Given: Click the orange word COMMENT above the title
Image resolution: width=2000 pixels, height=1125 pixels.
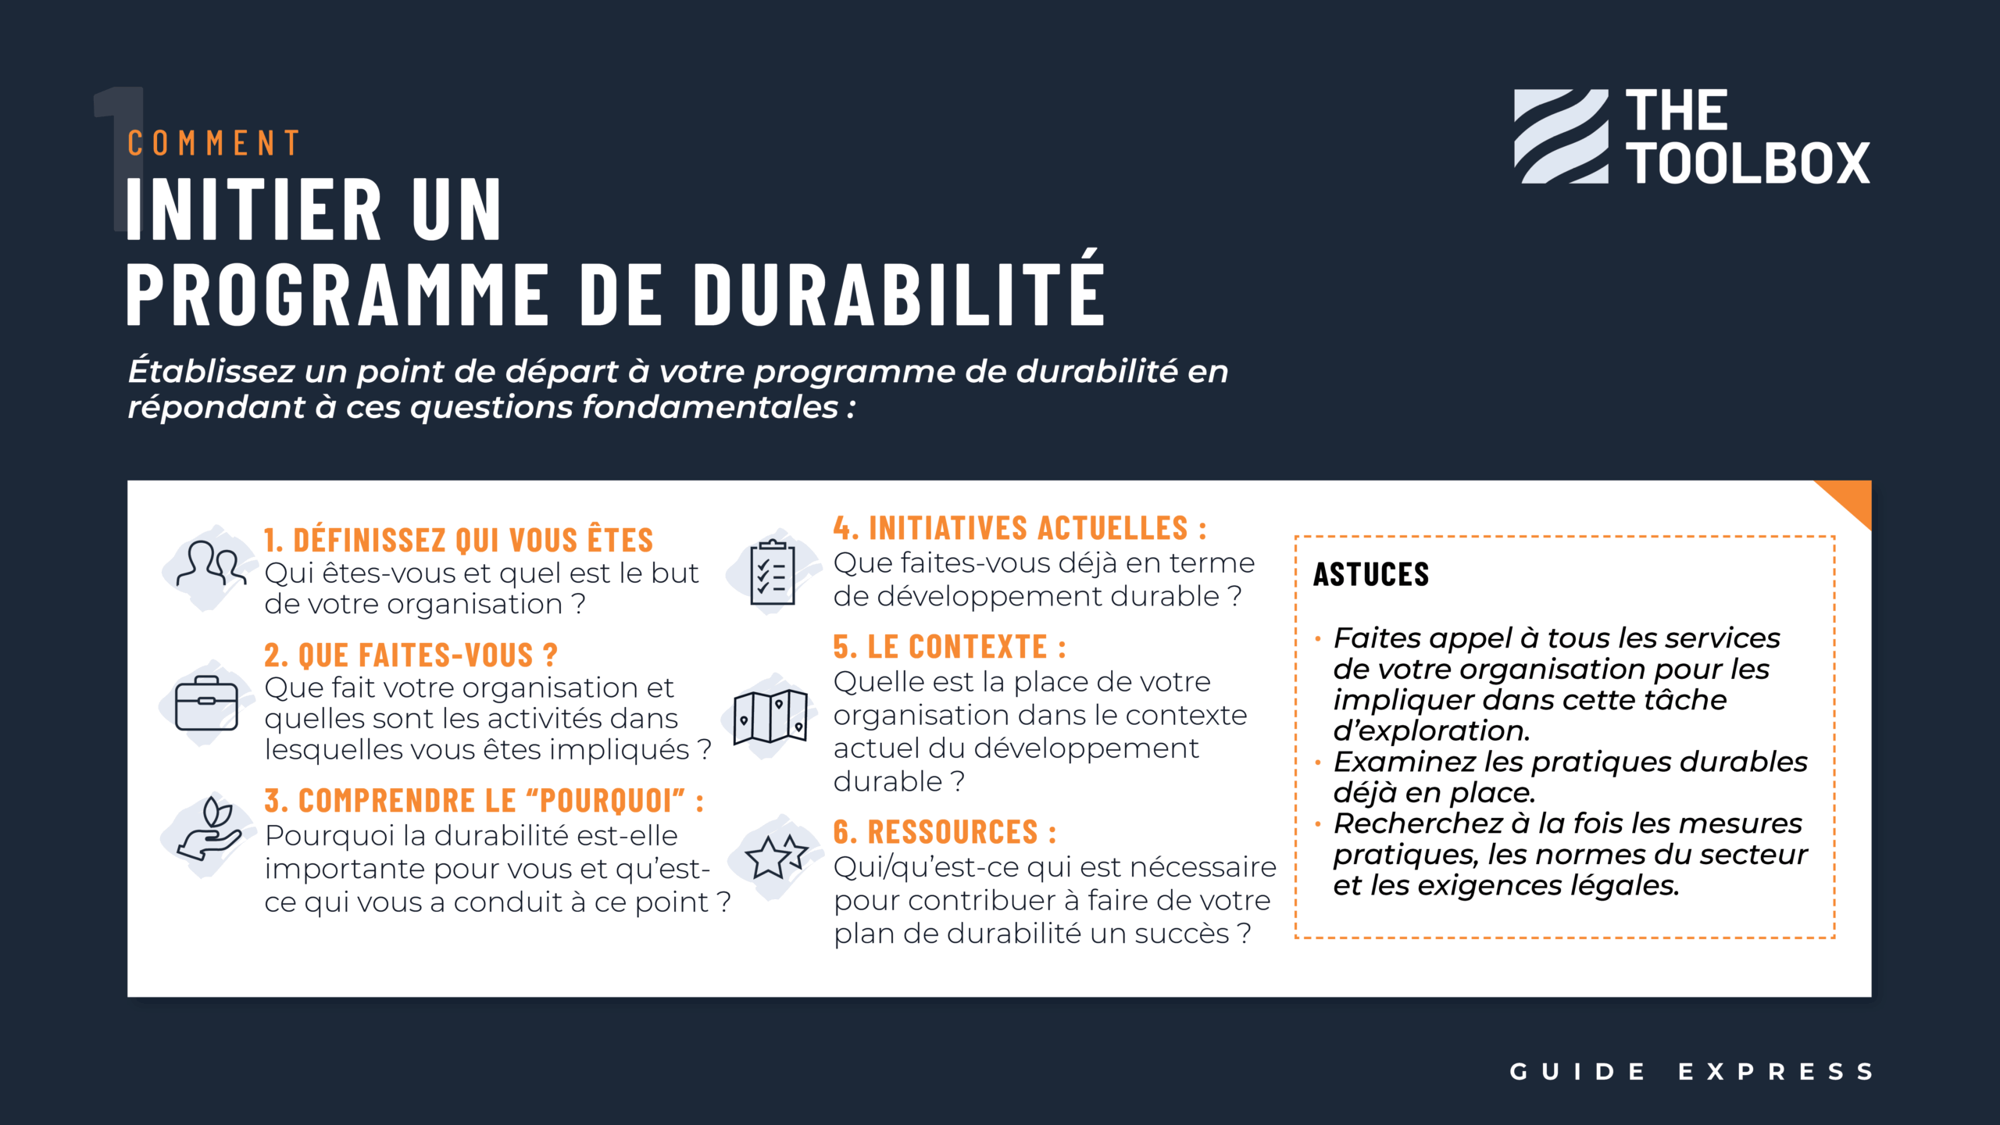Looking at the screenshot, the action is tap(213, 143).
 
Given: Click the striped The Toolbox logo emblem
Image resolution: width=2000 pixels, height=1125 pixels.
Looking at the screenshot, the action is tap(1561, 136).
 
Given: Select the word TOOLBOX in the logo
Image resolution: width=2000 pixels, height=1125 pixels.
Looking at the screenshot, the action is tap(1748, 163).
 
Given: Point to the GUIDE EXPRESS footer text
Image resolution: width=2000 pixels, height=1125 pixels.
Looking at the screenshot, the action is tap(1691, 1071).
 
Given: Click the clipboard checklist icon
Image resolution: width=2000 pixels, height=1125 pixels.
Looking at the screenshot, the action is tap(773, 573).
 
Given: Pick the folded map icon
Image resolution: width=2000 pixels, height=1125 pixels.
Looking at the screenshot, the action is tap(770, 716).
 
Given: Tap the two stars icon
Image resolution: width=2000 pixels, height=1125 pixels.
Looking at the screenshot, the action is tap(776, 856).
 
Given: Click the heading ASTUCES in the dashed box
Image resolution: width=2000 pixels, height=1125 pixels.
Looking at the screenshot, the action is tap(1371, 574).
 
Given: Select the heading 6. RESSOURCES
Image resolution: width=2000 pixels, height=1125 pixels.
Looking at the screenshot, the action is tap(945, 832).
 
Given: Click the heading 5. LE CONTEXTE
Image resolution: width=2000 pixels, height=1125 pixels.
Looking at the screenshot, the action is tap(949, 647).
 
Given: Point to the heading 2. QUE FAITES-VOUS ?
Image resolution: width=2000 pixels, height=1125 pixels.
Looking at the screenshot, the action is tap(411, 655).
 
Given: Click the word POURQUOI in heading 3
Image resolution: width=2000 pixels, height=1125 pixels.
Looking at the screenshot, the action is tap(605, 801).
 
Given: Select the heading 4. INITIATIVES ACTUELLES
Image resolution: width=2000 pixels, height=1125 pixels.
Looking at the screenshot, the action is tap(1020, 528).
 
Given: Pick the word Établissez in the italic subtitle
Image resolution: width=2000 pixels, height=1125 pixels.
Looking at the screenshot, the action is tap(212, 370).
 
